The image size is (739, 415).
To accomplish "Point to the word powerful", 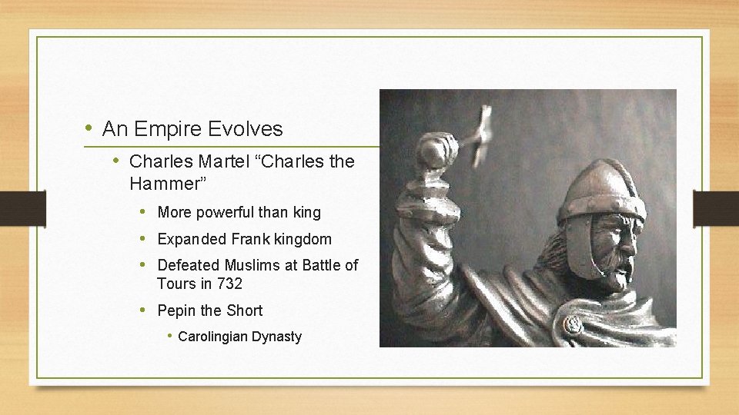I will pyautogui.click(x=228, y=212).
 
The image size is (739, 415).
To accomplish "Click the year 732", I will pyautogui.click(x=229, y=284).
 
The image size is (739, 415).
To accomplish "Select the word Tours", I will pyautogui.click(x=176, y=284).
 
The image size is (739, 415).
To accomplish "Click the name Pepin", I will pyautogui.click(x=176, y=310).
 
